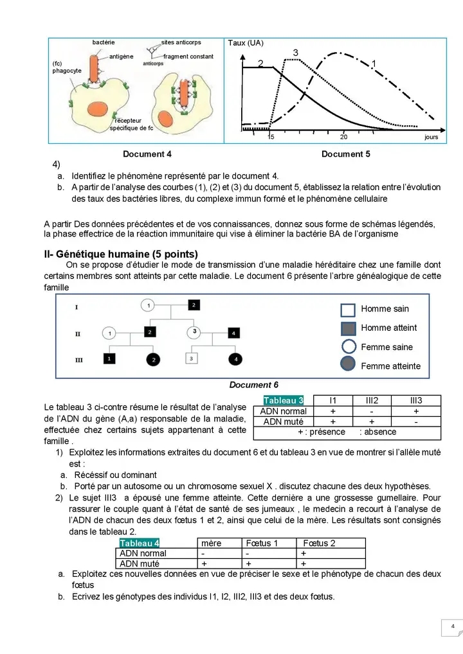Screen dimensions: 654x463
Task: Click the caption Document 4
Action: pos(147,154)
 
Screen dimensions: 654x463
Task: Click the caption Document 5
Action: pos(345,154)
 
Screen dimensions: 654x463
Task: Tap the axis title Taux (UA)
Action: pos(246,43)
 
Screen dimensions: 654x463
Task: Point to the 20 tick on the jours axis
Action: pos(343,137)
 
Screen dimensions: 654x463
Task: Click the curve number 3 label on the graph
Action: pos(295,51)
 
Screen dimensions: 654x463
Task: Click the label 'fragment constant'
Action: pos(188,57)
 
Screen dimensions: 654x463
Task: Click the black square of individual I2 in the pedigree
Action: pos(194,305)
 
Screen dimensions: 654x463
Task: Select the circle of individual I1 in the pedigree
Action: pos(148,305)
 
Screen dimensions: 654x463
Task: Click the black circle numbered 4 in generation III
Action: pos(236,358)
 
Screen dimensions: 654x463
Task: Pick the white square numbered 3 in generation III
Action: pos(190,358)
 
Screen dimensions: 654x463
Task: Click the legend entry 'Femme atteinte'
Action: pos(390,366)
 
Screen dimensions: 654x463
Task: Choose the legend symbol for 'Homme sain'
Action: pos(348,310)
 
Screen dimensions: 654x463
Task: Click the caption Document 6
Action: pos(254,385)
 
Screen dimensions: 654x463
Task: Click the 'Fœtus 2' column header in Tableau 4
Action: pos(319,543)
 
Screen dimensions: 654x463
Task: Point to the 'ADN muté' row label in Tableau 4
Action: pos(143,564)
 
